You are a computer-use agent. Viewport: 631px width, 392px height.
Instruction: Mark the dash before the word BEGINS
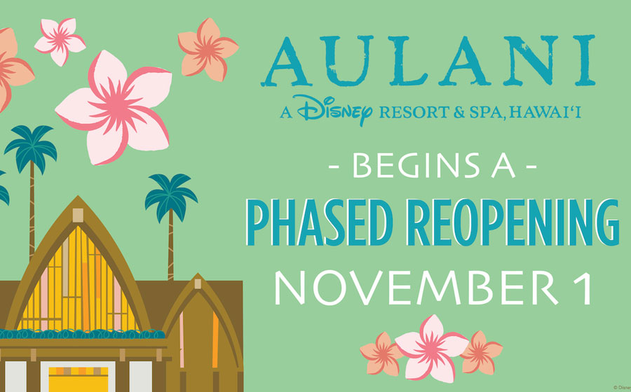[337, 170]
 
